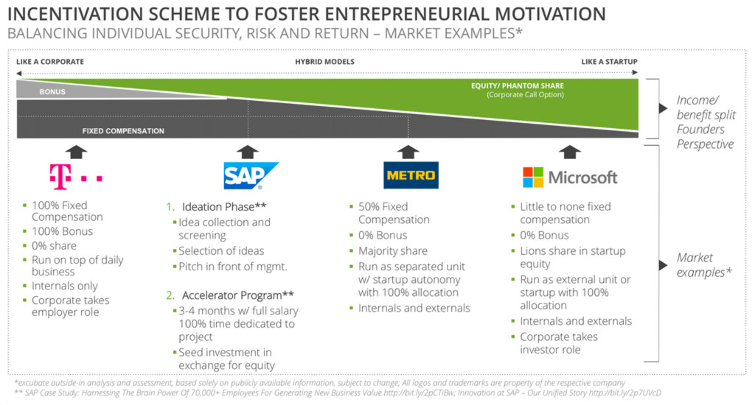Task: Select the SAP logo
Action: pos(251,175)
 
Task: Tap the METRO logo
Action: pos(411,175)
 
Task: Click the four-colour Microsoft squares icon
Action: pos(533,177)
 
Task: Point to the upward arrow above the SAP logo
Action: pos(248,152)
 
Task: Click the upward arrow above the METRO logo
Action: pos(408,152)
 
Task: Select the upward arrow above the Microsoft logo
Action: pos(570,152)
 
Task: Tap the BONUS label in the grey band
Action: pos(52,92)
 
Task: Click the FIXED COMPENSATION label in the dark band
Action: pos(123,131)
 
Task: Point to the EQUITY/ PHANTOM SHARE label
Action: pos(518,85)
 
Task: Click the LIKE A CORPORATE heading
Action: pos(50,62)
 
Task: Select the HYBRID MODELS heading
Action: pos(324,62)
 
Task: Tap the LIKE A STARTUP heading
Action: pos(609,62)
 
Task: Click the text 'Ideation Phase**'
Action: pos(224,207)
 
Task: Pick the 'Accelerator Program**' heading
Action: pos(238,295)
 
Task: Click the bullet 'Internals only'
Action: pos(65,286)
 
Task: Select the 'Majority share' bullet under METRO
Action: pos(393,251)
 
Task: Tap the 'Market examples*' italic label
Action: pos(704,265)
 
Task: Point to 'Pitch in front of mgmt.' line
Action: pos(232,267)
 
